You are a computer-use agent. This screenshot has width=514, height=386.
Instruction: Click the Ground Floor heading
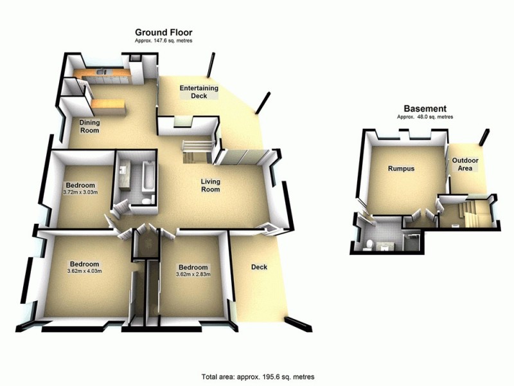[x=163, y=32]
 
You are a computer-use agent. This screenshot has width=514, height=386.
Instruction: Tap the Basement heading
[x=425, y=109]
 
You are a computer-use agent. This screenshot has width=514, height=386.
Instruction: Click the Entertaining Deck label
[x=199, y=92]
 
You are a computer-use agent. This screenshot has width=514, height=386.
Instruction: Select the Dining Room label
[x=89, y=125]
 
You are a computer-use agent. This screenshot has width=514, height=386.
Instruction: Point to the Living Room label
[x=210, y=185]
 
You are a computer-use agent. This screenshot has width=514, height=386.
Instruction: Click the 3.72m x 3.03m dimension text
[x=80, y=192]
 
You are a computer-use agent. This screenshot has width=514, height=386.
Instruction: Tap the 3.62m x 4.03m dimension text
[x=85, y=271]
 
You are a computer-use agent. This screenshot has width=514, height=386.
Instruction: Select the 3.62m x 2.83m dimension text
[x=193, y=275]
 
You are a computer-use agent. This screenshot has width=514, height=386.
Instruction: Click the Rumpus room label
[x=400, y=169]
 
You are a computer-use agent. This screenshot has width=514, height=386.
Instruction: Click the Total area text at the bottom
[x=258, y=376]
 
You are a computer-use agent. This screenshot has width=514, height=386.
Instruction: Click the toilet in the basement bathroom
[x=369, y=243]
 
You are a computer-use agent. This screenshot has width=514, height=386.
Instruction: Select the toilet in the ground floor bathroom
[x=146, y=202]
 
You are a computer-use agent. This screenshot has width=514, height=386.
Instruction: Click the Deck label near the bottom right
[x=259, y=267]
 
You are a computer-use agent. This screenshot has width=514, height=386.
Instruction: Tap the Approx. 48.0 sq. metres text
[x=425, y=117]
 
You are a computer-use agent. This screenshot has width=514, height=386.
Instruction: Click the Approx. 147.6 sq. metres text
[x=163, y=41]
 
